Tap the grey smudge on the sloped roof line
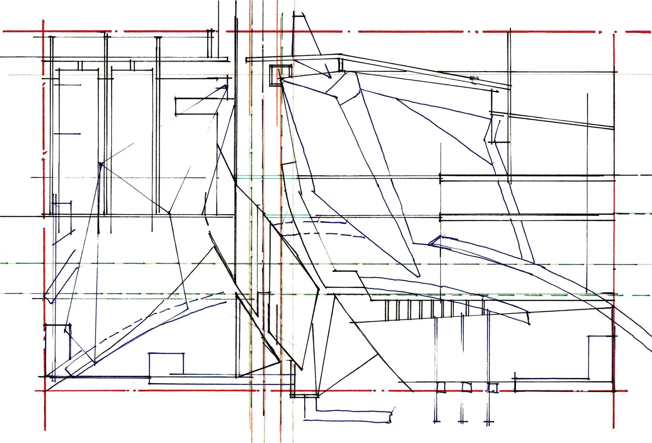coord(474,79)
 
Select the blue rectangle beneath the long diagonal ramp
coord(166,364)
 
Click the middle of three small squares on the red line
coord(466,387)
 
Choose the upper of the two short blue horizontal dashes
coord(68,85)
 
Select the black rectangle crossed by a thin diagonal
coord(196,106)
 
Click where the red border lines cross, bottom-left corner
coord(45,390)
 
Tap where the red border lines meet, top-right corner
coord(614,32)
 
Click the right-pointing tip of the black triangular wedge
coord(280,362)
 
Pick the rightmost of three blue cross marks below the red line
coord(489,422)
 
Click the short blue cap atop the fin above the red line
coord(299,14)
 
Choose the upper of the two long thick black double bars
coord(527,176)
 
